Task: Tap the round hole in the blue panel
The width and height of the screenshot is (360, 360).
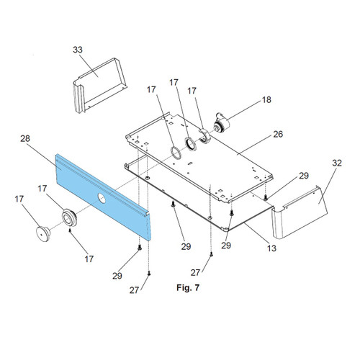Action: click(102, 198)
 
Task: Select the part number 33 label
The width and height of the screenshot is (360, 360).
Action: click(78, 50)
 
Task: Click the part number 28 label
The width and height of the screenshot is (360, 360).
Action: click(25, 138)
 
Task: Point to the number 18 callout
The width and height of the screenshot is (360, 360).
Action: click(266, 99)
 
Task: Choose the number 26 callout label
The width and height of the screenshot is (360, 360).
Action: click(278, 134)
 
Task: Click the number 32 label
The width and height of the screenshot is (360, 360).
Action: click(337, 163)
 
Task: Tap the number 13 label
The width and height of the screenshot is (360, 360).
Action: click(271, 248)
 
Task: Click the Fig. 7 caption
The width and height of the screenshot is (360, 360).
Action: click(188, 287)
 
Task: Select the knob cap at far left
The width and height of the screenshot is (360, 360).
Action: click(43, 233)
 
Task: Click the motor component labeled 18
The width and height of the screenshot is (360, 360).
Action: click(222, 122)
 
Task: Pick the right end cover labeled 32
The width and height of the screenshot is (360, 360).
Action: click(300, 212)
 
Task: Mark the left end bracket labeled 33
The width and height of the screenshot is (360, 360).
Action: click(100, 85)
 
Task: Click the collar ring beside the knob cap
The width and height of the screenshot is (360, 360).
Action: click(69, 217)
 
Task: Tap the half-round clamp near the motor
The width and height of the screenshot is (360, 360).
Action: click(204, 135)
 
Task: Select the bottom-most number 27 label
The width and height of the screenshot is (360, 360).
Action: click(134, 290)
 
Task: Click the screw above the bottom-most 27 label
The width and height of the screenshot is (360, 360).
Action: click(149, 273)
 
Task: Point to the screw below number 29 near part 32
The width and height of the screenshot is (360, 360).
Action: click(266, 198)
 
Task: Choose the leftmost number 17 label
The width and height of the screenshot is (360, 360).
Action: click(19, 199)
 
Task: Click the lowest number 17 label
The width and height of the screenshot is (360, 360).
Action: click(89, 259)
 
